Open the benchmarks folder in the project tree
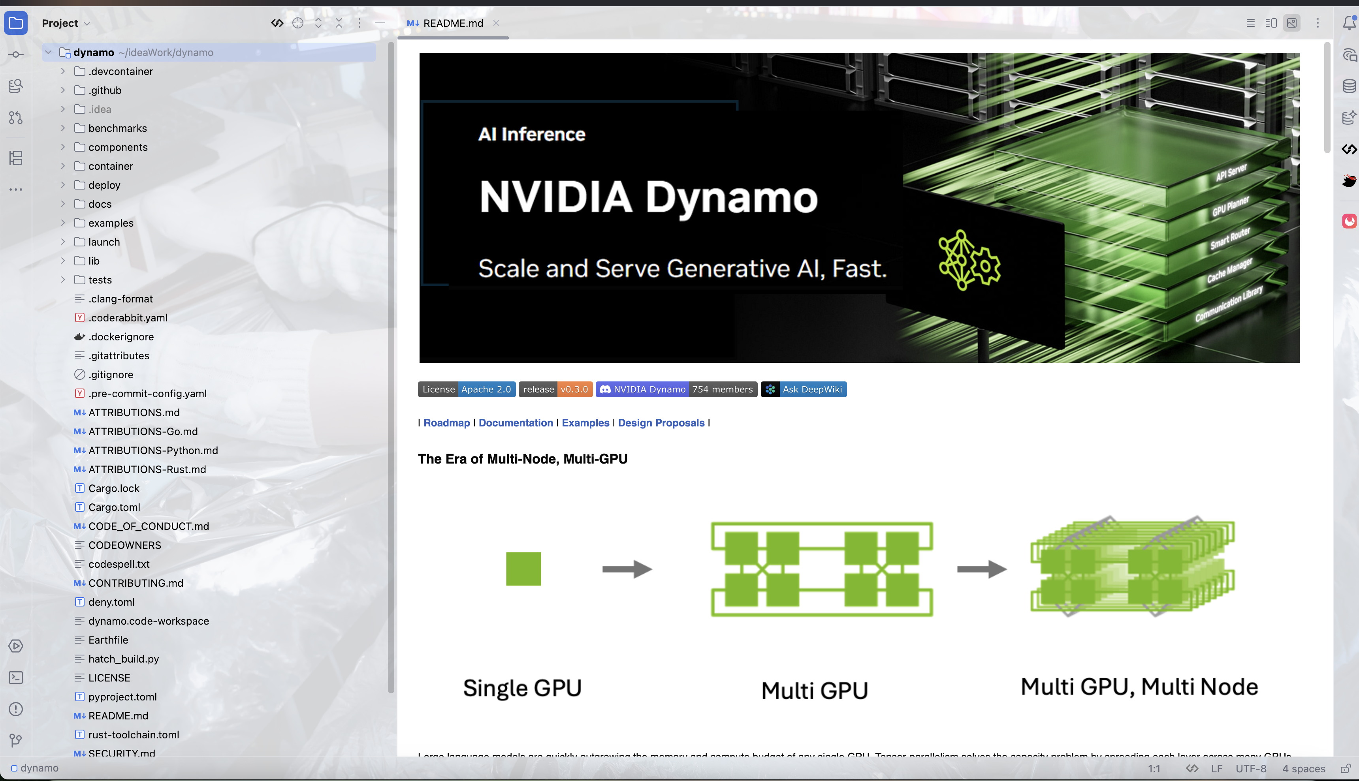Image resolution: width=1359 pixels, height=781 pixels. (x=117, y=128)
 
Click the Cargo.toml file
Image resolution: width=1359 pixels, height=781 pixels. (x=114, y=507)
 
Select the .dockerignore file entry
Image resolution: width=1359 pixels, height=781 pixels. (x=121, y=336)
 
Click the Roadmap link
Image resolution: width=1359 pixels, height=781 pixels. (x=446, y=423)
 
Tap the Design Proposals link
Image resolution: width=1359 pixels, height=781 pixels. (x=661, y=423)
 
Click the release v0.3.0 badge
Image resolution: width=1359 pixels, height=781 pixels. (x=555, y=389)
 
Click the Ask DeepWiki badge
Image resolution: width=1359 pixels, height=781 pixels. (x=804, y=389)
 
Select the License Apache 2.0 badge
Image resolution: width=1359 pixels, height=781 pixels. (x=466, y=389)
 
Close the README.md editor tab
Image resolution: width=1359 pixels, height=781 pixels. (x=496, y=23)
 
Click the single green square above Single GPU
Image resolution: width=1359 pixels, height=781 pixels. (x=523, y=569)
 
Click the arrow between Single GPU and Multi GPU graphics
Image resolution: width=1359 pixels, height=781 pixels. (x=627, y=569)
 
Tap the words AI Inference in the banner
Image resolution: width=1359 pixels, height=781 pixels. (x=531, y=134)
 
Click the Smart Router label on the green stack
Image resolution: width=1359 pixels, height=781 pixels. (x=1230, y=238)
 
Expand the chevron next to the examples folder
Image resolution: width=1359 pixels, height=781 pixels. (x=63, y=223)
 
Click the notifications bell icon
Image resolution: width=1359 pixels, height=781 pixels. (x=1349, y=23)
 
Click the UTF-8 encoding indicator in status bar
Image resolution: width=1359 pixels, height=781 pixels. (x=1251, y=769)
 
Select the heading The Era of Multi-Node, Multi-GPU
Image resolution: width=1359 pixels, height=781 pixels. (x=522, y=459)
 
